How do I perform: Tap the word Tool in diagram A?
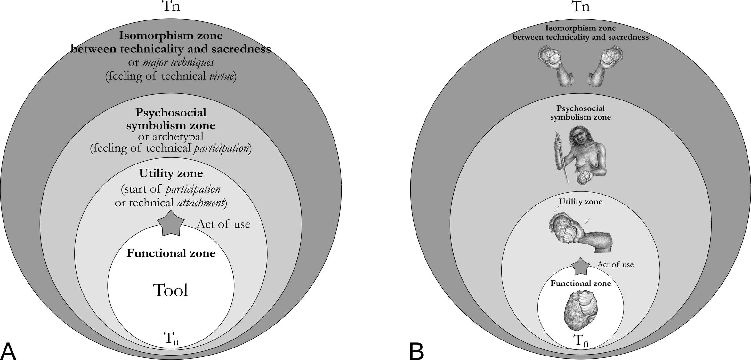(x=171, y=290)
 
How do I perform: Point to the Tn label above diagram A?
(x=171, y=6)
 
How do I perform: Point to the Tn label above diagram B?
(x=580, y=6)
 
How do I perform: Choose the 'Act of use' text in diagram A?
(x=223, y=224)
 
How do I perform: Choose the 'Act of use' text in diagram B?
(x=615, y=264)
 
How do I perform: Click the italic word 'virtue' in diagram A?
(x=221, y=76)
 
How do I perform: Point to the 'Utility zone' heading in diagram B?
(x=580, y=202)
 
